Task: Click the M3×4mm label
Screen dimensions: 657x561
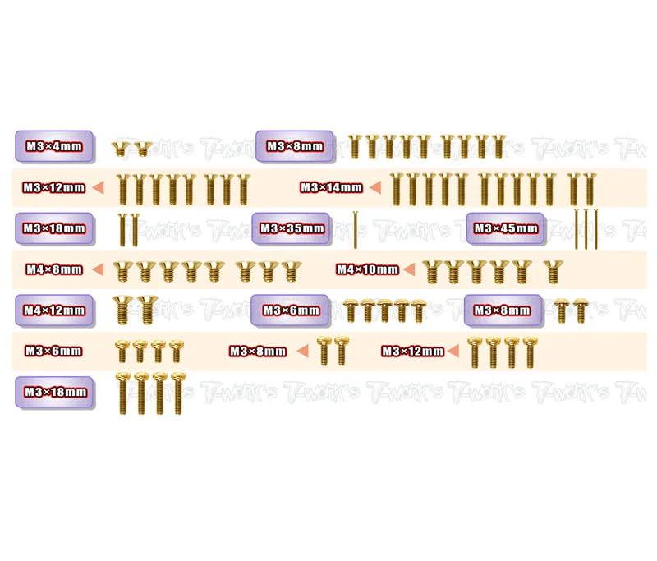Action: pyautogui.click(x=54, y=146)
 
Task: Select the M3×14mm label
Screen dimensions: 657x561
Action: pyautogui.click(x=331, y=187)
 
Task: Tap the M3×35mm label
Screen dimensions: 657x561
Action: pyautogui.click(x=292, y=228)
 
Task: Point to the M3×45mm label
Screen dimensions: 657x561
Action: pyautogui.click(x=506, y=228)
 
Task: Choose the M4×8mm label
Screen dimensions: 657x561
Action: pyautogui.click(x=54, y=269)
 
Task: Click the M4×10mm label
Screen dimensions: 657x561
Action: pyautogui.click(x=367, y=269)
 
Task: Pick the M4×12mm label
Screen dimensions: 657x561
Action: pyautogui.click(x=54, y=310)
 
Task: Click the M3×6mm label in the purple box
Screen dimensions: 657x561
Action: pyautogui.click(x=292, y=310)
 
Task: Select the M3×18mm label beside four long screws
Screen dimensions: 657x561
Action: pyautogui.click(x=56, y=392)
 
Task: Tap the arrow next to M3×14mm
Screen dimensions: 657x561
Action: pyautogui.click(x=375, y=187)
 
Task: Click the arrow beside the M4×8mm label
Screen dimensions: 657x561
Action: pyautogui.click(x=98, y=269)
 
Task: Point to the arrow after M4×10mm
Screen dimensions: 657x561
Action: pyautogui.click(x=409, y=269)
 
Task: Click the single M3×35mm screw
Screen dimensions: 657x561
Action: pyautogui.click(x=356, y=230)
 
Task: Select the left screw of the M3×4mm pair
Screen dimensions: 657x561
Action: pyautogui.click(x=120, y=149)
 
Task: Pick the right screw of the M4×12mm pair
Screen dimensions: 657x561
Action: pyautogui.click(x=148, y=310)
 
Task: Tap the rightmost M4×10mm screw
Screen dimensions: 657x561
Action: pyautogui.click(x=553, y=272)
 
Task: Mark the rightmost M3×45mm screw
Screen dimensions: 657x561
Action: pyautogui.click(x=596, y=229)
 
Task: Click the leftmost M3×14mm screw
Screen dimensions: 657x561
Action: pyautogui.click(x=397, y=190)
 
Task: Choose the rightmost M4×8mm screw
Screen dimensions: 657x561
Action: pyautogui.click(x=292, y=271)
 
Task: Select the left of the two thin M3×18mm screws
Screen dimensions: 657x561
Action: pyautogui.click(x=122, y=230)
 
